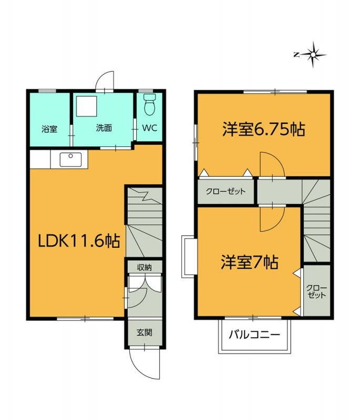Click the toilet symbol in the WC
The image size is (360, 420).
pyautogui.click(x=150, y=104)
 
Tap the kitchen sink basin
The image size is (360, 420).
pyautogui.click(x=71, y=160)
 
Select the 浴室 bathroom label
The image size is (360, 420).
pyautogui.click(x=49, y=129)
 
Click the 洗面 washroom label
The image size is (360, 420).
pyautogui.click(x=104, y=128)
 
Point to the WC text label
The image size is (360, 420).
pyautogui.click(x=149, y=128)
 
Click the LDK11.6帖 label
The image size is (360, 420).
pyautogui.click(x=78, y=241)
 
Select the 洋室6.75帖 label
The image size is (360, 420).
pyautogui.click(x=263, y=130)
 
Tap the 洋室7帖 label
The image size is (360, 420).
pyautogui.click(x=250, y=262)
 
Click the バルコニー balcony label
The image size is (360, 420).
pyautogui.click(x=254, y=334)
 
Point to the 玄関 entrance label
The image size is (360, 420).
pyautogui.click(x=145, y=332)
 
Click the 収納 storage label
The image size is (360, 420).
pyautogui.click(x=145, y=267)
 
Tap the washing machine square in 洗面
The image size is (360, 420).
pyautogui.click(x=86, y=107)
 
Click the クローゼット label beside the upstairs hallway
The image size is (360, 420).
pyautogui.click(x=225, y=191)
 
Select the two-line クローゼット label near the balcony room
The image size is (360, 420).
pyautogui.click(x=316, y=292)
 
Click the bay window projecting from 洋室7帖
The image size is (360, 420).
pyautogui.click(x=189, y=257)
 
